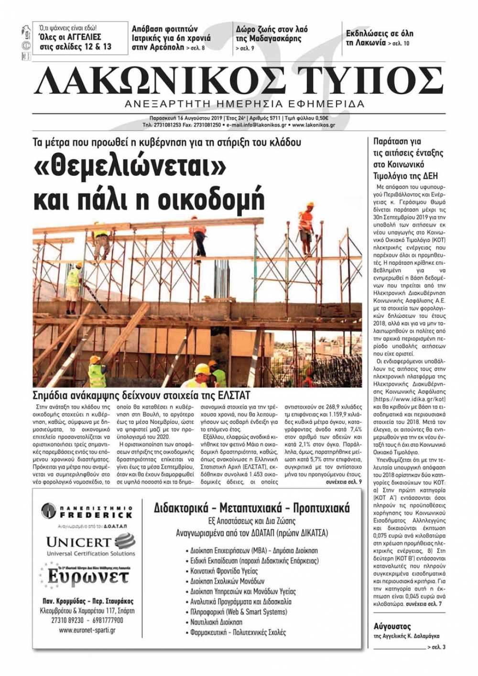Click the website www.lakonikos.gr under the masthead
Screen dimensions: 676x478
pyautogui.click(x=314, y=125)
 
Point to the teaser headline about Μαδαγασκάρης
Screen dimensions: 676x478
pyautogui.click(x=272, y=34)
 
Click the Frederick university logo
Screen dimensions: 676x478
pyautogui.click(x=87, y=511)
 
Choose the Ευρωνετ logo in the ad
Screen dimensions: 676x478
pyautogui.click(x=88, y=577)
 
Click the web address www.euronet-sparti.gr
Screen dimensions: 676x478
pyautogui.click(x=87, y=630)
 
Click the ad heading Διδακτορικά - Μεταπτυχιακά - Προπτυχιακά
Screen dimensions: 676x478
pyautogui.click(x=252, y=508)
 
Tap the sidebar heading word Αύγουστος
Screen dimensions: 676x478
pyautogui.click(x=392, y=626)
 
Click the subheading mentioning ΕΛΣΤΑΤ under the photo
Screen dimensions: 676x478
pyautogui.click(x=141, y=395)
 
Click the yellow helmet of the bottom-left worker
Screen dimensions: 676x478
pyautogui.click(x=95, y=359)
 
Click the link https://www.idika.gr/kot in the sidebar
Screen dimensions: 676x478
pyautogui.click(x=410, y=398)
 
